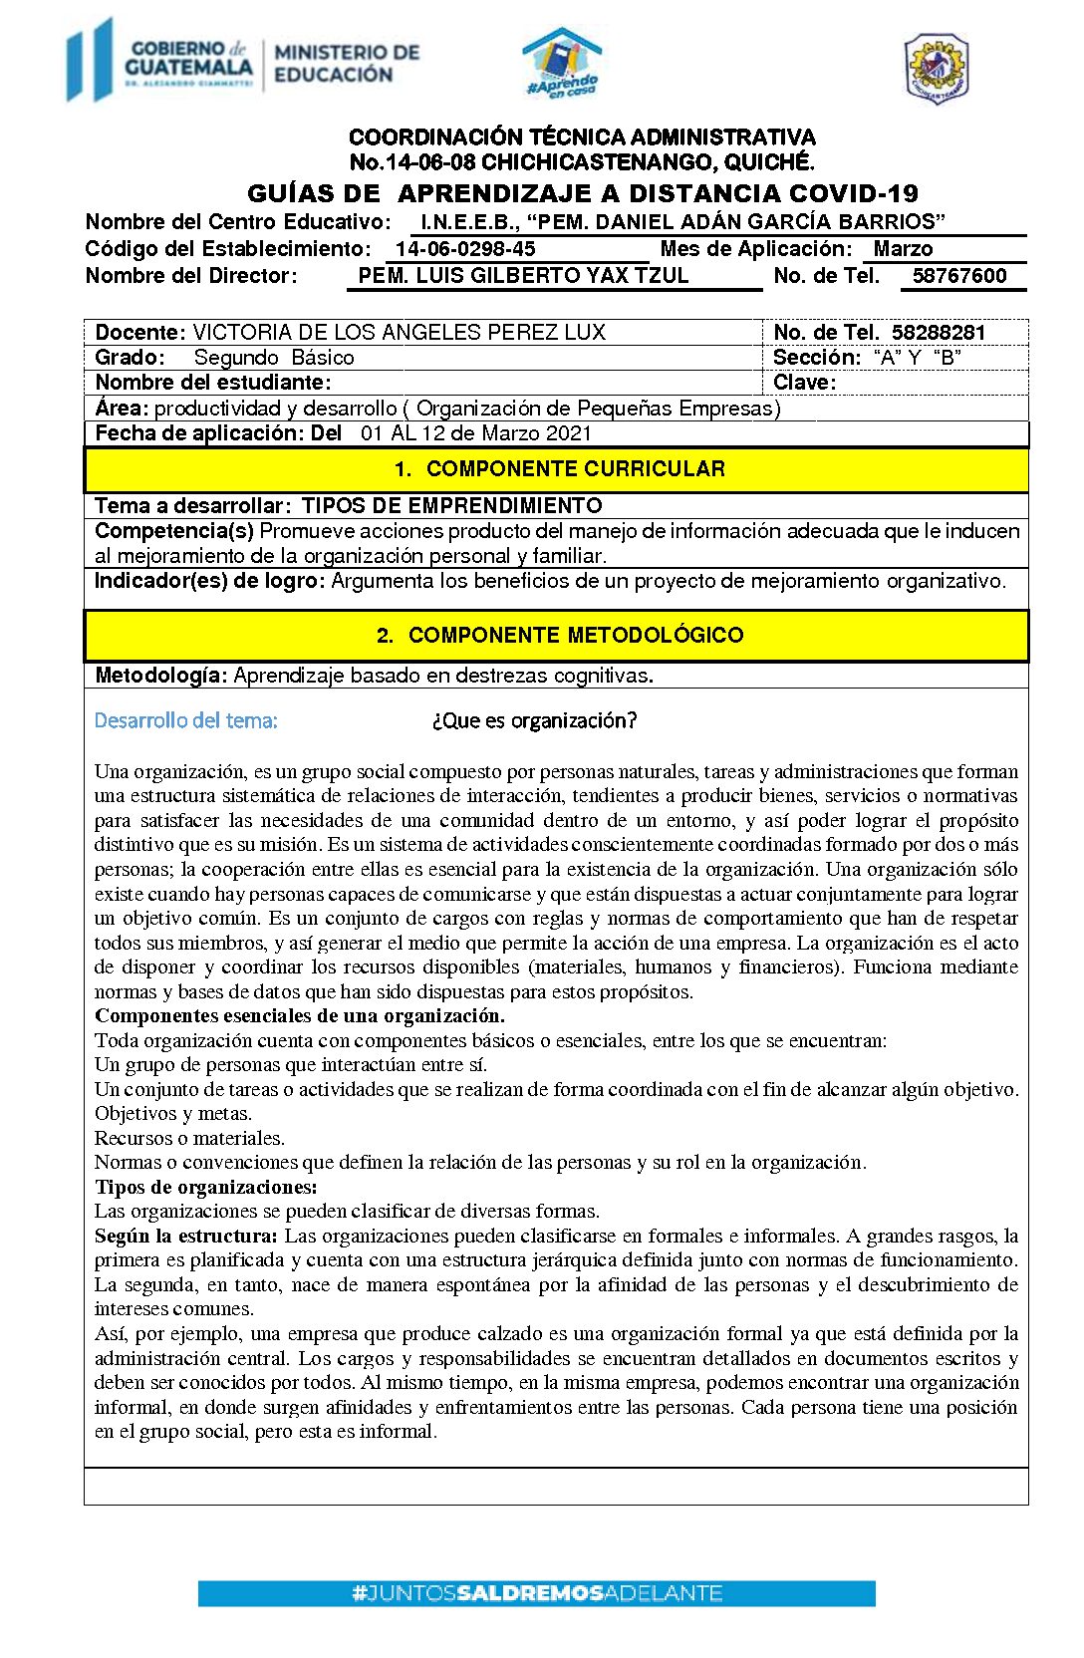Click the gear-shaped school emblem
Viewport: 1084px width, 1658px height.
tap(936, 68)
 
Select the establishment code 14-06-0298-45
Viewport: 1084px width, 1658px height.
tap(465, 249)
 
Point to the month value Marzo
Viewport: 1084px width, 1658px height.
tap(903, 249)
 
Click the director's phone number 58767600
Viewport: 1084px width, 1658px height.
tap(959, 276)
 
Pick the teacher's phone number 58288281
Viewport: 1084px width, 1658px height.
tap(938, 332)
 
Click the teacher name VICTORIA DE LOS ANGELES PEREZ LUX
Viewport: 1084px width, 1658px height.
tap(399, 332)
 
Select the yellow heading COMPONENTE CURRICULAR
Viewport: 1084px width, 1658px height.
tap(559, 469)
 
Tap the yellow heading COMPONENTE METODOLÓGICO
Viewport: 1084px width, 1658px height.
tap(559, 635)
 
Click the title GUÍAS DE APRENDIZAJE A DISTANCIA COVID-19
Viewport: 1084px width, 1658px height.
tap(583, 193)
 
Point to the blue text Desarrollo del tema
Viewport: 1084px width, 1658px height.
tap(185, 720)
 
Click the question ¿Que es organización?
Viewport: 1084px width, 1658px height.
tap(534, 720)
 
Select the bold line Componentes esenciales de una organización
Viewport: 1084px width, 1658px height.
tap(300, 1016)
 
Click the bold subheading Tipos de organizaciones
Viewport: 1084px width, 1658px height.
tap(206, 1187)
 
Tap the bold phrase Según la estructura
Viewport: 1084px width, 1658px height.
tap(186, 1236)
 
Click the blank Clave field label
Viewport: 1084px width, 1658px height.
tap(804, 383)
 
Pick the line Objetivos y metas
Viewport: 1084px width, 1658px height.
tap(173, 1114)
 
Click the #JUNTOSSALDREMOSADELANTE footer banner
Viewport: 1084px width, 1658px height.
tap(536, 1593)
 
